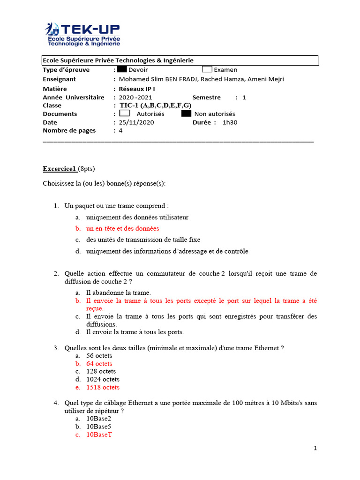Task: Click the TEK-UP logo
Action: click(82, 34)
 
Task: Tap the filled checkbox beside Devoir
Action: click(122, 69)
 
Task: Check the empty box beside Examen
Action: click(207, 69)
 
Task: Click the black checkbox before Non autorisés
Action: click(186, 113)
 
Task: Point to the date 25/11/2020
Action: click(136, 122)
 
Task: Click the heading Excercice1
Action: click(60, 169)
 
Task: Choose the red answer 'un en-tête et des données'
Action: click(122, 229)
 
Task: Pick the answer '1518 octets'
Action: click(103, 387)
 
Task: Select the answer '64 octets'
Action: click(99, 364)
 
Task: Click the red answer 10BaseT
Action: click(99, 435)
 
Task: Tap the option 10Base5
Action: click(98, 427)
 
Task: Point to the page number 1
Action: click(315, 448)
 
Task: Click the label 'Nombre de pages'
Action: click(69, 131)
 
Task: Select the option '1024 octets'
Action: click(103, 379)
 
